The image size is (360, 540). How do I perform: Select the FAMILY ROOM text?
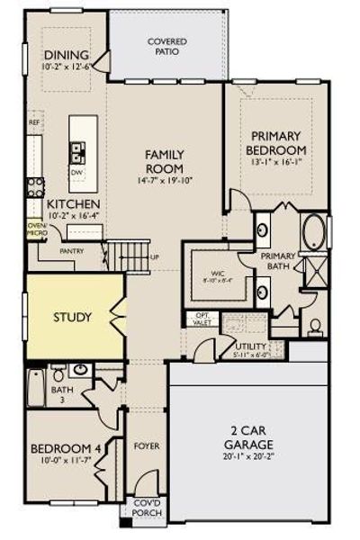pyautogui.click(x=165, y=162)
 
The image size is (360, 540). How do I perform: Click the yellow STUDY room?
pyautogui.click(x=72, y=317)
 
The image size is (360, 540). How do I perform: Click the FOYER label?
pyautogui.click(x=147, y=445)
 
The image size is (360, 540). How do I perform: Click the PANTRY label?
pyautogui.click(x=71, y=253)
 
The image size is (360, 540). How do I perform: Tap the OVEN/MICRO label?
pyautogui.click(x=35, y=229)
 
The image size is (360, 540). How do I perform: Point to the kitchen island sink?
pyautogui.click(x=77, y=149)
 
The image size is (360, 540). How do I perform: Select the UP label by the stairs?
pyautogui.click(x=154, y=257)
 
